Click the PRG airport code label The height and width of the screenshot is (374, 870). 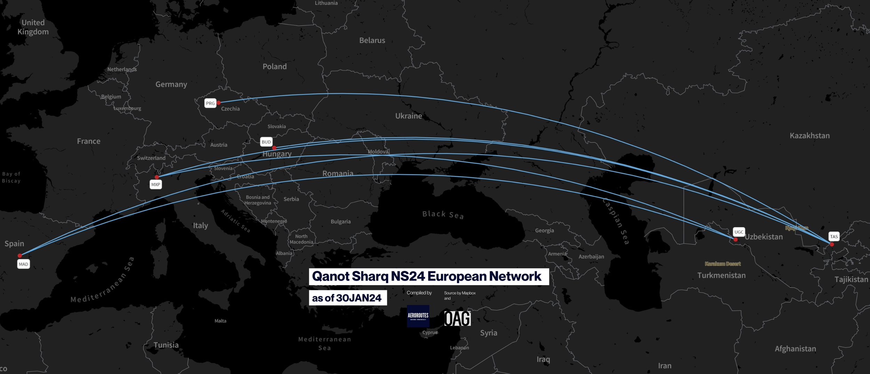tap(210, 103)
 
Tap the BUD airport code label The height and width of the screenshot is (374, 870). tap(266, 142)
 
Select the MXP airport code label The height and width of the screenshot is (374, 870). tap(156, 185)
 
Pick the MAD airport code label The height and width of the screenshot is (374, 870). tap(23, 264)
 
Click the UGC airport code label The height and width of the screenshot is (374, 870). tap(739, 232)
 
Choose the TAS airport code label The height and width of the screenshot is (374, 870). tap(834, 236)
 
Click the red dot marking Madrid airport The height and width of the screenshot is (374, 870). tap(20, 256)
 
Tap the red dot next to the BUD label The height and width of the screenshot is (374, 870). tap(274, 148)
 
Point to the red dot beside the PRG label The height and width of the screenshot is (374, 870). tap(219, 103)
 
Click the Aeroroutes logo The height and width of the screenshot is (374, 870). tap(418, 316)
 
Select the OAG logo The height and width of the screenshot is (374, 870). tap(457, 318)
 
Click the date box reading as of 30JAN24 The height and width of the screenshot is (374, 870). tap(348, 298)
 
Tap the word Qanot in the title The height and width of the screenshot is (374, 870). tap(330, 276)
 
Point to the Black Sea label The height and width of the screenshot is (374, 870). tap(443, 215)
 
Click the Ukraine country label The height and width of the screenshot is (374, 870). tap(409, 116)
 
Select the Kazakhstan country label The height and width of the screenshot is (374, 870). tap(809, 135)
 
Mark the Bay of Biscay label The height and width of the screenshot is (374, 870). tap(11, 177)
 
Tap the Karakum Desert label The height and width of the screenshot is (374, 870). tap(723, 264)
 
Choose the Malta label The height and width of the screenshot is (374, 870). tap(220, 321)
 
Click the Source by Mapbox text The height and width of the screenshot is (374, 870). tap(460, 293)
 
